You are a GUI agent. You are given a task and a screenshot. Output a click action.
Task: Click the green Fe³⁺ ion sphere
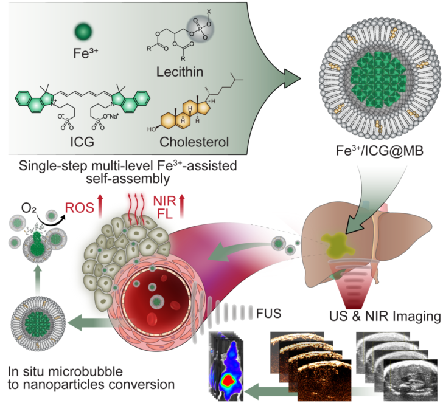coord(83,31)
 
